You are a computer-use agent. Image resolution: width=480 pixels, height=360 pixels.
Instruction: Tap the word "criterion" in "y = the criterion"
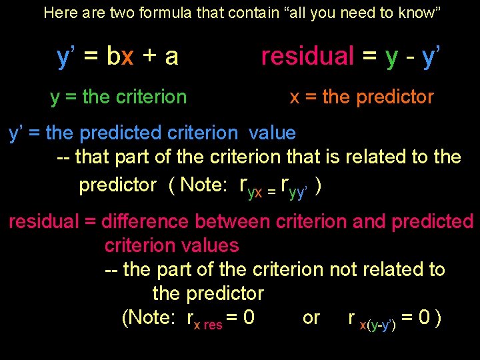pyautogui.click(x=153, y=97)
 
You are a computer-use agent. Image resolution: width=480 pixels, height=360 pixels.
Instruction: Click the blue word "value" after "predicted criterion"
pyautogui.click(x=272, y=133)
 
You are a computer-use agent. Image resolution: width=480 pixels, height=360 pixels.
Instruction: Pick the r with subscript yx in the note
pyautogui.click(x=248, y=187)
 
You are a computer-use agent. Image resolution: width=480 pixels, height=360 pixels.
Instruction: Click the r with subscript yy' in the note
pyautogui.click(x=294, y=187)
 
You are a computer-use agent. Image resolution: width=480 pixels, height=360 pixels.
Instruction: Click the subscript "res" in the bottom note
pyautogui.click(x=212, y=325)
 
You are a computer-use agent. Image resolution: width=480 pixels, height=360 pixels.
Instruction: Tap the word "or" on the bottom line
pyautogui.click(x=311, y=318)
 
